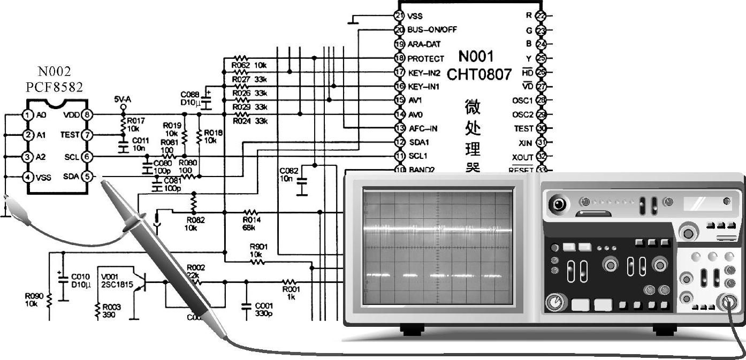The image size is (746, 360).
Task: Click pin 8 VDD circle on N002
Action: tap(88, 114)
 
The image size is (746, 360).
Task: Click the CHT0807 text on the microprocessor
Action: tap(479, 74)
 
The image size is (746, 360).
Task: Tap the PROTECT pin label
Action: tap(425, 58)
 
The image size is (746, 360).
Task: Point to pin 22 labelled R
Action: tap(541, 16)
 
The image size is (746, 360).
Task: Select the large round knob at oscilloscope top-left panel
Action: tap(559, 204)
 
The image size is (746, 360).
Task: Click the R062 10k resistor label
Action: tap(248, 65)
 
